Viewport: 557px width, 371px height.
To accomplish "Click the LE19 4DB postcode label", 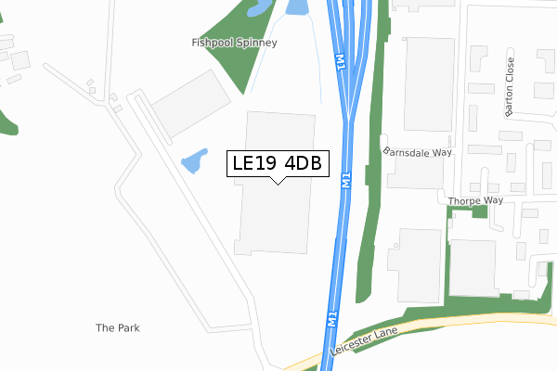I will tap(277, 163).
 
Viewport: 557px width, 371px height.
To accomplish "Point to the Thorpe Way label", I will tap(474, 199).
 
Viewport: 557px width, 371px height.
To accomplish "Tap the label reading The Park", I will tap(118, 328).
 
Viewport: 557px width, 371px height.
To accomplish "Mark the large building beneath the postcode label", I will tap(275, 218).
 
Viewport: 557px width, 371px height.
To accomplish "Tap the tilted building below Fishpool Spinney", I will tap(190, 103).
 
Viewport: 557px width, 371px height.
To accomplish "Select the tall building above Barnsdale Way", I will tap(428, 83).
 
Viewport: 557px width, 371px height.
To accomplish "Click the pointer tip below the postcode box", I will tap(277, 183).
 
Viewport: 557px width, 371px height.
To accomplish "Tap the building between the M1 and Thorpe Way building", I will tap(414, 263).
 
